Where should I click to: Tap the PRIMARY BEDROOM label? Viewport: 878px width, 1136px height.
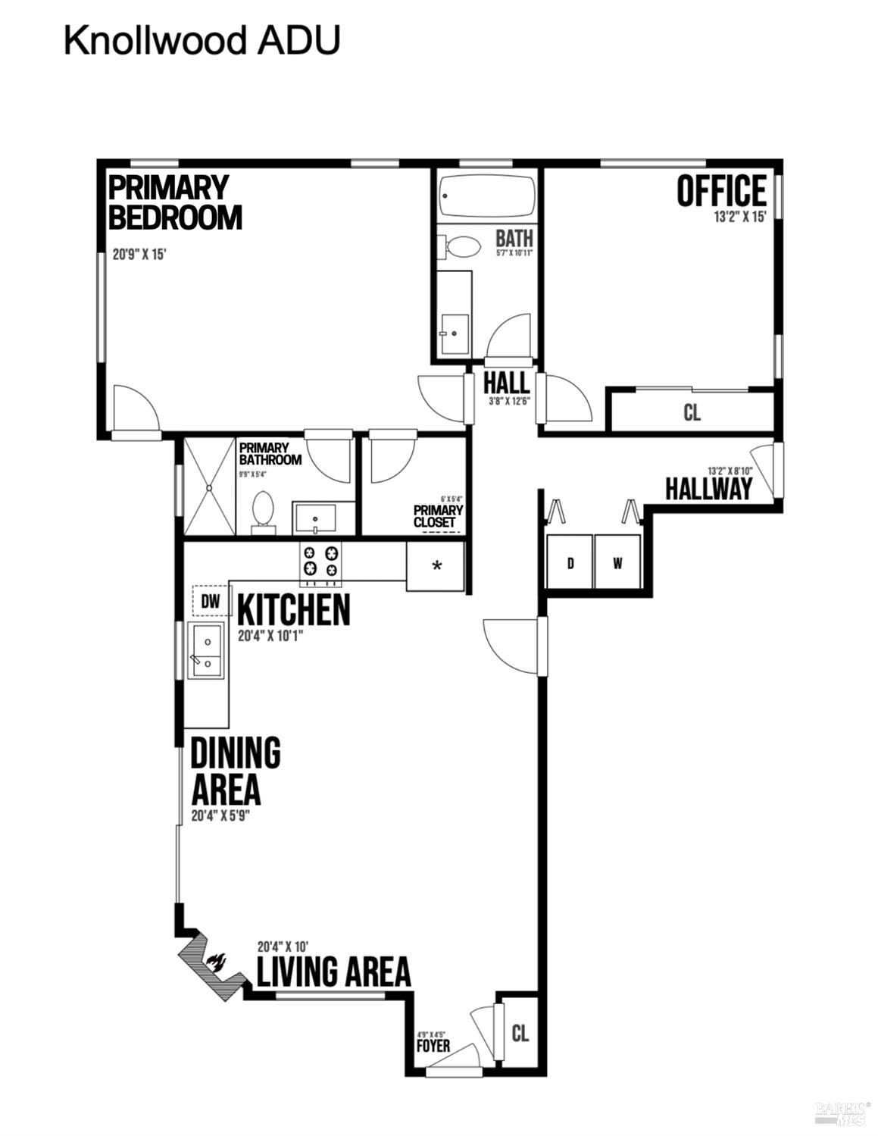pyautogui.click(x=175, y=202)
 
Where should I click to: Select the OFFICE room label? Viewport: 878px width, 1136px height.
pyautogui.click(x=721, y=191)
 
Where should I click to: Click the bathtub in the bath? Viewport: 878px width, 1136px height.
pyautogui.click(x=487, y=196)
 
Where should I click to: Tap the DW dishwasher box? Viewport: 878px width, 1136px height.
pyautogui.click(x=211, y=602)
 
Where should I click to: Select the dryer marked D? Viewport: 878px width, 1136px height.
pyautogui.click(x=570, y=562)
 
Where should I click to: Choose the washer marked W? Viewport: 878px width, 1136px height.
pyautogui.click(x=617, y=562)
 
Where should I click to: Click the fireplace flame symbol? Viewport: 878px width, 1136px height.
pyautogui.click(x=215, y=962)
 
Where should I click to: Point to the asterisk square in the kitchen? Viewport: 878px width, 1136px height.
pyautogui.click(x=436, y=565)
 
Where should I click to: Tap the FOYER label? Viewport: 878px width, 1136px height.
pyautogui.click(x=433, y=1046)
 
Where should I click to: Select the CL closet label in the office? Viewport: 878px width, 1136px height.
pyautogui.click(x=692, y=413)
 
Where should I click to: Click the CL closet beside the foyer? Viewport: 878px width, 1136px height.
pyautogui.click(x=520, y=1033)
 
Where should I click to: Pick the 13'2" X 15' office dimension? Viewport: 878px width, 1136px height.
pyautogui.click(x=740, y=217)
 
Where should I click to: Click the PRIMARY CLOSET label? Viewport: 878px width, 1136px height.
pyautogui.click(x=438, y=517)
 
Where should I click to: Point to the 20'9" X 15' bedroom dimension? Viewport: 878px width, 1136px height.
pyautogui.click(x=139, y=255)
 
